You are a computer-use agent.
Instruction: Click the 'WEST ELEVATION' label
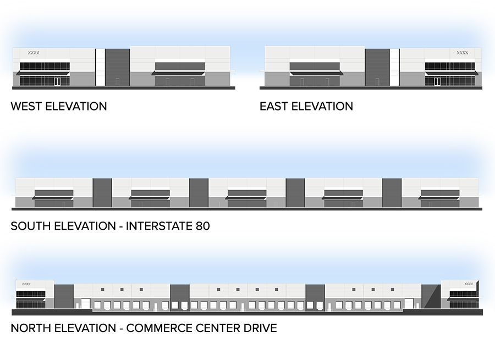(x=59, y=106)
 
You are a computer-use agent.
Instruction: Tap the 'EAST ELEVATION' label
(x=306, y=106)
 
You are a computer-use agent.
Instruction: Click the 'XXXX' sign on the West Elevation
(x=34, y=53)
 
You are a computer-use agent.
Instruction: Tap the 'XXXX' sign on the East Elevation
(x=462, y=53)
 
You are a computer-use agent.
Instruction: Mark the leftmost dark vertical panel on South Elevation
(x=102, y=192)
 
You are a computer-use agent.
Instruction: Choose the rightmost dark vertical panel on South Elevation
(x=392, y=192)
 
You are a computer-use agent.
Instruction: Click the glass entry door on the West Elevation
(x=57, y=82)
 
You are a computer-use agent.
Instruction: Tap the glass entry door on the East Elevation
(x=437, y=82)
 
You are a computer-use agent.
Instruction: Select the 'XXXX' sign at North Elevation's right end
(x=469, y=284)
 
